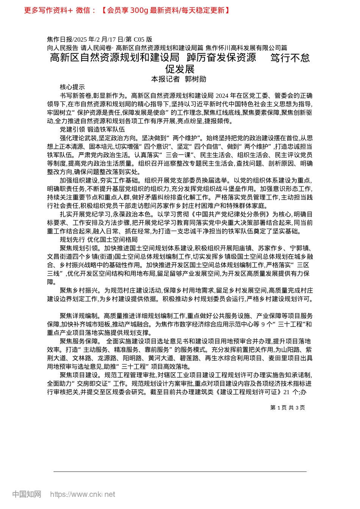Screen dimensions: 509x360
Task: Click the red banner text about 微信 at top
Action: pos(127,10)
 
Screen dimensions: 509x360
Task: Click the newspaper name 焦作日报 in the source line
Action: pos(60,39)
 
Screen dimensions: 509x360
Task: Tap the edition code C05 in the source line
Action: pos(139,39)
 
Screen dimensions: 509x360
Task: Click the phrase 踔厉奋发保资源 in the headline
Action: pos(221,58)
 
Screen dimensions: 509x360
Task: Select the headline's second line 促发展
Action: pos(180,69)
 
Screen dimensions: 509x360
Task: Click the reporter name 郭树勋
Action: pos(195,79)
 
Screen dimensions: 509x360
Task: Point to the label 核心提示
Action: pos(72,87)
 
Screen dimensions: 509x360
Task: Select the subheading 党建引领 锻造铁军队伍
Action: pos(92,130)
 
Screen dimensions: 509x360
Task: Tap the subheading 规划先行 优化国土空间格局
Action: pos(99,240)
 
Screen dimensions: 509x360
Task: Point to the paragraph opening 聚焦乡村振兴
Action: pos(79,290)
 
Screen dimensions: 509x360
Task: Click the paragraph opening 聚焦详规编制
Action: pos(79,316)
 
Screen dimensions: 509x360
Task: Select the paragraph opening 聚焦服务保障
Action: pos(79,341)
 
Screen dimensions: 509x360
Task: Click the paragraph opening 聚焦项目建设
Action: pos(79,375)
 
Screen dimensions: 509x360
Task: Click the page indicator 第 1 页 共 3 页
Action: pos(288,408)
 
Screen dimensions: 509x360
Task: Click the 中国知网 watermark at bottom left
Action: pos(27,494)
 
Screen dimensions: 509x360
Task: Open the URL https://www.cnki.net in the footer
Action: pos(83,494)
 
